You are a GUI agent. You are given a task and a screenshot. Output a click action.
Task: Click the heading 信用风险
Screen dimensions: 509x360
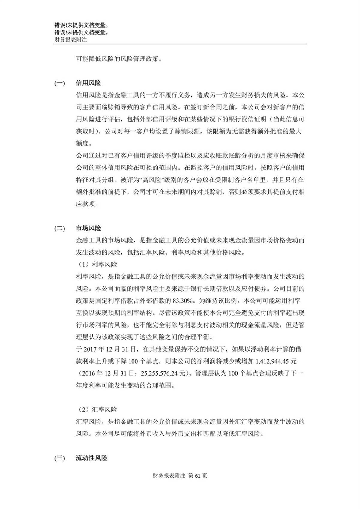[x=88, y=83]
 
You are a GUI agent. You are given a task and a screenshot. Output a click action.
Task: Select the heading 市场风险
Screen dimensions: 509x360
[x=88, y=228]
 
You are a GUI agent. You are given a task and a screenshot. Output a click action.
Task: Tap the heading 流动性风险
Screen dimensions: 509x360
[x=91, y=458]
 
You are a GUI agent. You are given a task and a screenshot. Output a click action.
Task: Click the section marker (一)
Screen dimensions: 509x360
[x=59, y=83]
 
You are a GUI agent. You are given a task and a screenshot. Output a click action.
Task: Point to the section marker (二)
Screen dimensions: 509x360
[x=59, y=228]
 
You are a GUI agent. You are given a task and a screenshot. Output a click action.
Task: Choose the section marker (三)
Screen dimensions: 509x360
[x=59, y=458]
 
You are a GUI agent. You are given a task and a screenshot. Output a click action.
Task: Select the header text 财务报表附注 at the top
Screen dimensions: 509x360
[x=70, y=40]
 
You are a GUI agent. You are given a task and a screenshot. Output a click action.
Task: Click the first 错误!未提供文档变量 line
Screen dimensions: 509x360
[x=81, y=25]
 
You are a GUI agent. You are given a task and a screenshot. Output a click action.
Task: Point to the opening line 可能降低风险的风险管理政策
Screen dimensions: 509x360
[x=119, y=59]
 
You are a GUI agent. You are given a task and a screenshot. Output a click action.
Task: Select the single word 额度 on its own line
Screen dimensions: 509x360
[x=82, y=143]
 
